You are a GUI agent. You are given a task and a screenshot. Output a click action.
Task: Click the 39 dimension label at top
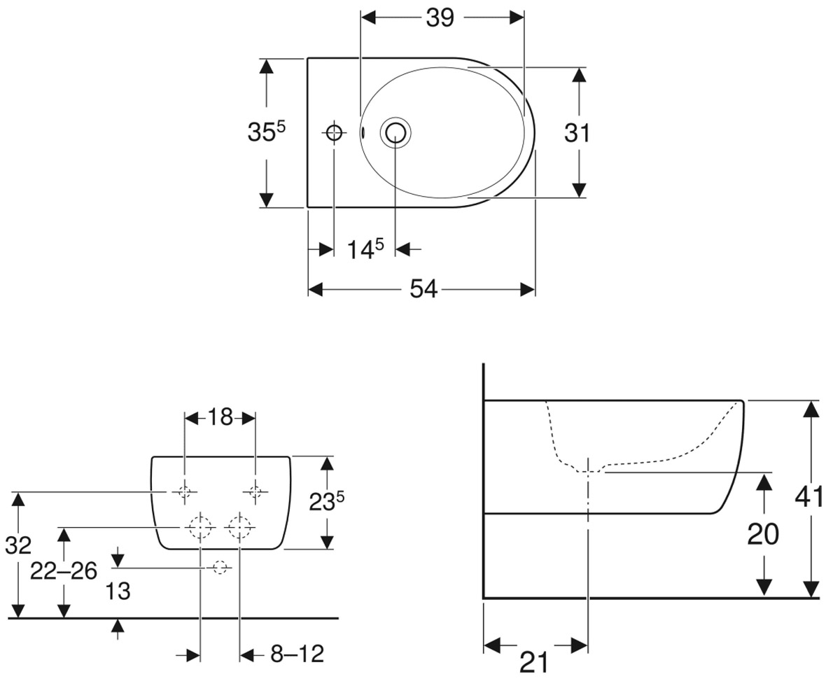coord(440,18)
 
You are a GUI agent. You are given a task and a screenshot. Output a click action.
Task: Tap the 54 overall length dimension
coord(423,289)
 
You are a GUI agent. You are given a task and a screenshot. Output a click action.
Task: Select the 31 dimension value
coord(577,133)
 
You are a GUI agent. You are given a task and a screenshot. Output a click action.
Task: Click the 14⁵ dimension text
coord(365,249)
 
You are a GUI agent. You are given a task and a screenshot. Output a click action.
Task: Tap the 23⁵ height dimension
coord(327,502)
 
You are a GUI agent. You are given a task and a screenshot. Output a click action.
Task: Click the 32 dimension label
coord(18,546)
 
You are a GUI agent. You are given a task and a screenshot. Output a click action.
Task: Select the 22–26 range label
coord(64,571)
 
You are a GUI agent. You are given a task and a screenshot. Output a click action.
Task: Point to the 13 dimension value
coord(118,591)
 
